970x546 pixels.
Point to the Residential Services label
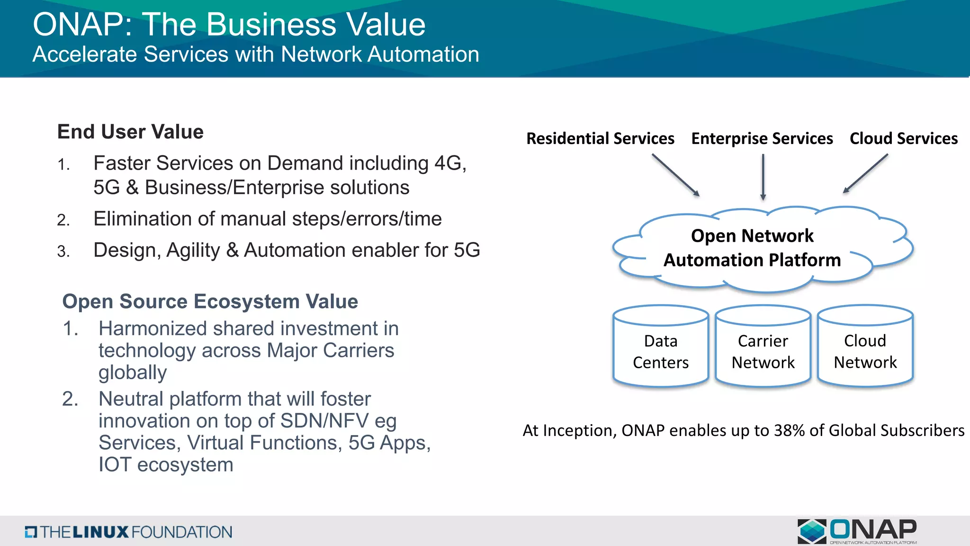click(x=600, y=138)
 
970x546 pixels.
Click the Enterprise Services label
click(x=762, y=138)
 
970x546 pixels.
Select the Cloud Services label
click(x=903, y=138)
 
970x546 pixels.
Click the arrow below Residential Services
click(x=676, y=175)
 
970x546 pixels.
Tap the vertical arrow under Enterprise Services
click(x=763, y=177)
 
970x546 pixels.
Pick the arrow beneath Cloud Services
click(x=865, y=173)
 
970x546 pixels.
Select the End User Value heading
click(x=130, y=132)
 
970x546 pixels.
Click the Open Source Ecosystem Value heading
click(x=210, y=301)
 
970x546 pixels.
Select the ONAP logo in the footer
click(x=857, y=531)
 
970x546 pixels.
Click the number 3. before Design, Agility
click(x=63, y=251)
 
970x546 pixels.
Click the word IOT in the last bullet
click(x=115, y=464)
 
